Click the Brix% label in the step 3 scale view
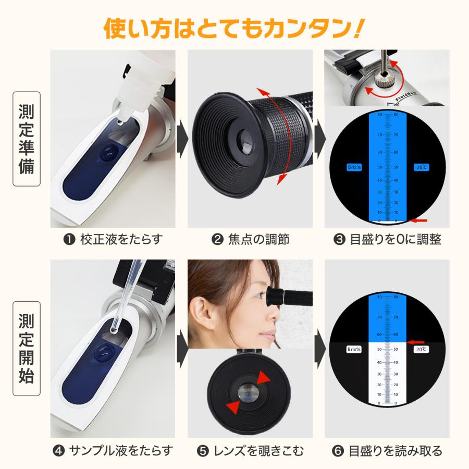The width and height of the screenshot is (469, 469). click(354, 167)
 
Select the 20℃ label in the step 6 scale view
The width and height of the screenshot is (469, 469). click(421, 350)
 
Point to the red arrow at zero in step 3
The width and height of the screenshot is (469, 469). click(418, 220)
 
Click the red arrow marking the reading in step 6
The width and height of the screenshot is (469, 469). click(415, 342)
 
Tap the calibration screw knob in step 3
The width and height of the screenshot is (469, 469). click(386, 82)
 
